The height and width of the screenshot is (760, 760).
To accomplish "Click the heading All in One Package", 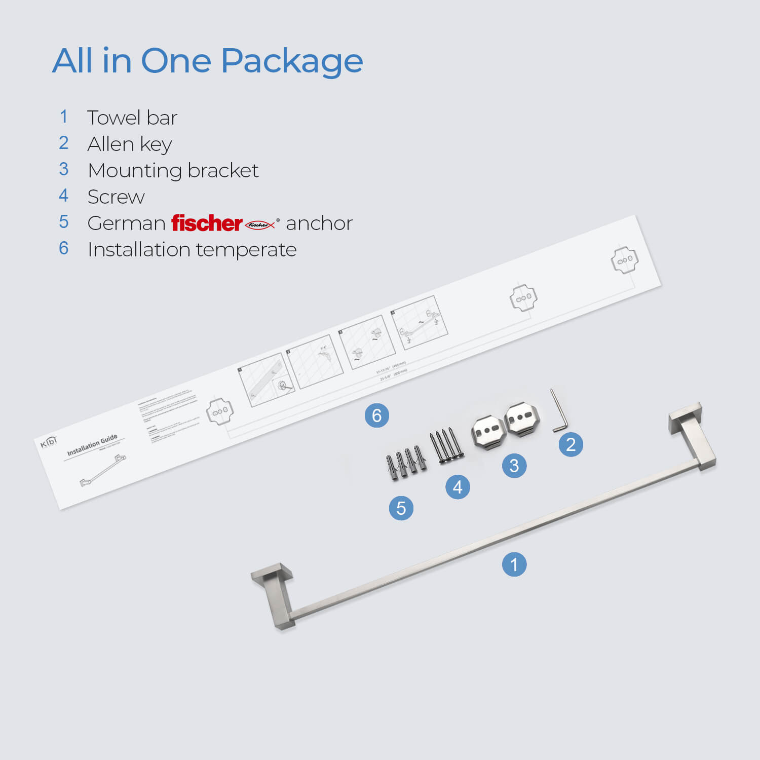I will pyautogui.click(x=207, y=61).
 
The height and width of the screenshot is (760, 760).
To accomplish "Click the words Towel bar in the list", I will pyautogui.click(x=132, y=118).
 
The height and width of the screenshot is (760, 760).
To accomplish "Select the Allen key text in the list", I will pyautogui.click(x=129, y=144).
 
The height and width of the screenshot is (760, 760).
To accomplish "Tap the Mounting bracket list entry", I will pyautogui.click(x=173, y=171).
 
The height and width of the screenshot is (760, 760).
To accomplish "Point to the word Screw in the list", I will pyautogui.click(x=116, y=197).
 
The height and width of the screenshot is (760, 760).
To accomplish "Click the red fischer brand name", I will pyautogui.click(x=206, y=223).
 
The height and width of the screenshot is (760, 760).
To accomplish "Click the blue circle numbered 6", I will pyautogui.click(x=377, y=415).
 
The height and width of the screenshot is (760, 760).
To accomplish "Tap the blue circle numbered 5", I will pyautogui.click(x=401, y=508).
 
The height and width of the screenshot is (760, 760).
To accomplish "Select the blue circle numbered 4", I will pyautogui.click(x=458, y=487).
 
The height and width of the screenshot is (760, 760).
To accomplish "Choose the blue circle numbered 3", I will pyautogui.click(x=514, y=465).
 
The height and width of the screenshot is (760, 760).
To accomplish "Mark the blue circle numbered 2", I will pyautogui.click(x=571, y=444).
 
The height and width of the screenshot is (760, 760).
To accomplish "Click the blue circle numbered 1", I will pyautogui.click(x=514, y=564).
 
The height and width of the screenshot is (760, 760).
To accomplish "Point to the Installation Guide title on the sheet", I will pyautogui.click(x=92, y=444).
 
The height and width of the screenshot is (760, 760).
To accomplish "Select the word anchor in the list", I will pyautogui.click(x=319, y=223).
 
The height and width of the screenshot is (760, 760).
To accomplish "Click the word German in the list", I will pyautogui.click(x=126, y=223).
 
